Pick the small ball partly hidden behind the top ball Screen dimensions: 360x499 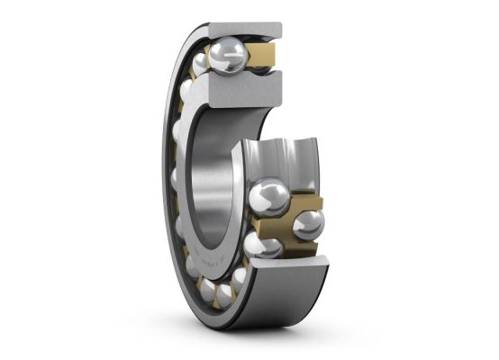pos(200,62)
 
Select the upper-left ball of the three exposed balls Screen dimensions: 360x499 pos(268,195)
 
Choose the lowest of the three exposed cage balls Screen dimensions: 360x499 pos(268,246)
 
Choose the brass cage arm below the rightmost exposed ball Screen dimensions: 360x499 pos(307,247)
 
